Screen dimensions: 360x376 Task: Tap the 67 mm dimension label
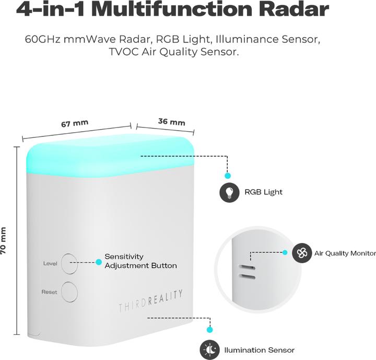click(x=75, y=124)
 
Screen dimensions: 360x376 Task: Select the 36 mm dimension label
click(x=171, y=122)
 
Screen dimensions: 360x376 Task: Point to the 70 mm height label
click(x=4, y=240)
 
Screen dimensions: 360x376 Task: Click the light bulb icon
click(x=228, y=192)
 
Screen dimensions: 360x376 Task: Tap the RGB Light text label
click(x=263, y=192)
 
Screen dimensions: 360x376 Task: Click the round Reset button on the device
click(x=69, y=292)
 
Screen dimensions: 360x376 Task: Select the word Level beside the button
click(x=50, y=263)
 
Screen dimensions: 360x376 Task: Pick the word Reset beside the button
click(x=50, y=292)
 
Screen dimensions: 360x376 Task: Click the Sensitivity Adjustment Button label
click(x=140, y=261)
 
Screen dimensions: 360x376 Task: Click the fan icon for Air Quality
click(x=302, y=253)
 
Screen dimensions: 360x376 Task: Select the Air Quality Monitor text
click(x=345, y=253)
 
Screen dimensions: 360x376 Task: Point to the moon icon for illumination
click(x=210, y=350)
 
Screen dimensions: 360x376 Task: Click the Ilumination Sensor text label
click(x=259, y=350)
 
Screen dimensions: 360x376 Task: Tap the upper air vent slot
click(x=246, y=266)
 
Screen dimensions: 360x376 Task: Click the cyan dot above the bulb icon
click(x=228, y=176)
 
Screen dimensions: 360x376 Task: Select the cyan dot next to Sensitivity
click(x=98, y=262)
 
